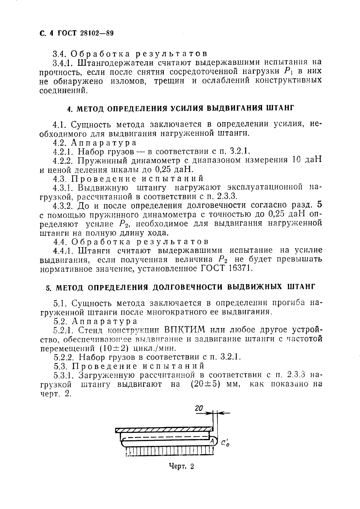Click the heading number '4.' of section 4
pos(69,109)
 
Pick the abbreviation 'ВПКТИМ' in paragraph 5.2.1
pos(185,330)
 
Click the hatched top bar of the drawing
pos(164,430)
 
